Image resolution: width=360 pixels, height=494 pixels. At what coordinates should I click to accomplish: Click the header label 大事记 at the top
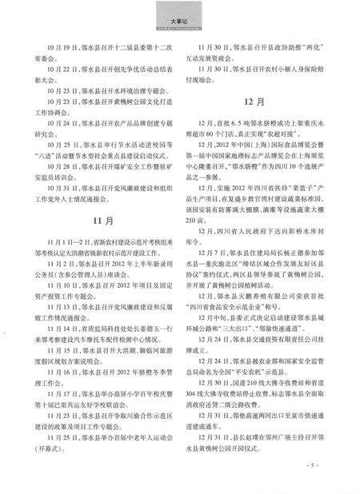click(x=180, y=17)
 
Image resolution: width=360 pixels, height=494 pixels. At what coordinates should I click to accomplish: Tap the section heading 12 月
click(x=267, y=103)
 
